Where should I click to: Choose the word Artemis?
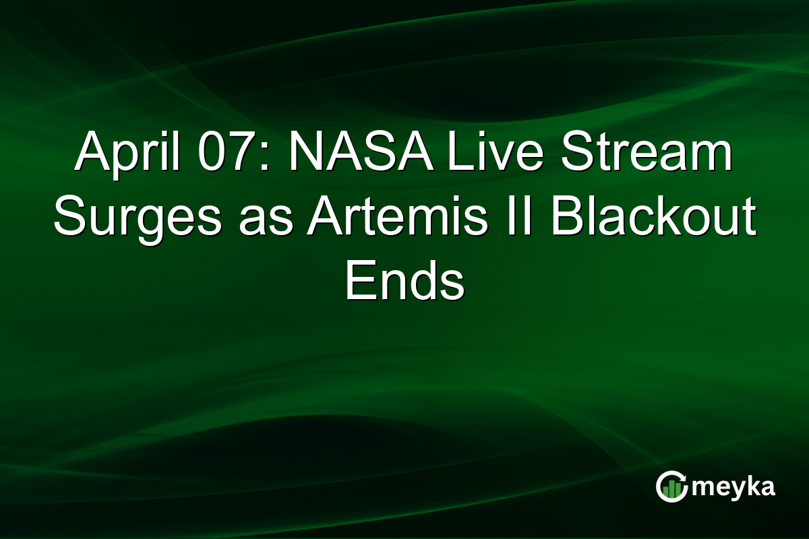click(397, 220)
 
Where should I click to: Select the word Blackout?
click(653, 220)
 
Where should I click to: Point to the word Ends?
click(404, 283)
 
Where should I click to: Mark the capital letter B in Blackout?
click(566, 220)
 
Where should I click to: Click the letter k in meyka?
click(749, 486)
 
